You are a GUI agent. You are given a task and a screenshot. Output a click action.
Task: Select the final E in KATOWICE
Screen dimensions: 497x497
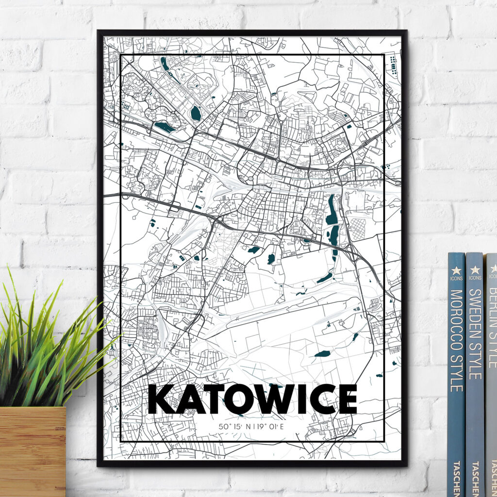coord(346,399)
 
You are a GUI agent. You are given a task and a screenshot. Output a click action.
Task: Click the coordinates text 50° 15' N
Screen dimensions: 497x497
coord(235,427)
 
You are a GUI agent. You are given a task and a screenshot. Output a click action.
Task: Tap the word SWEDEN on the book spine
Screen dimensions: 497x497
coord(475,310)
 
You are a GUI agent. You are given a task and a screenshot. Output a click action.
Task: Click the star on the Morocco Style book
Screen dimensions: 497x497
coord(456,270)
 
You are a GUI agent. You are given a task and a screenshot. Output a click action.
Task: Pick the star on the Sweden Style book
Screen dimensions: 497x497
coord(475,269)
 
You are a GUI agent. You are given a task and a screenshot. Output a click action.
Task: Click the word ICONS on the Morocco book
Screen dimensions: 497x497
coord(456,279)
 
